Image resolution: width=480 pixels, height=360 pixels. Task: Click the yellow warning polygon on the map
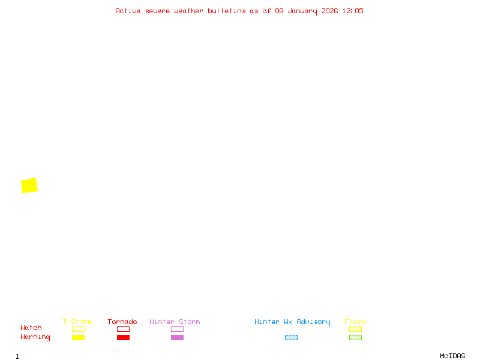coord(29,185)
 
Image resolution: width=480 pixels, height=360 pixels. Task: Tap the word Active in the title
coord(128,11)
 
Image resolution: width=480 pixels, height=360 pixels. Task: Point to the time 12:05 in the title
coord(353,11)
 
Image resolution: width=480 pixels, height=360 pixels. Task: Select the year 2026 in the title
coord(329,11)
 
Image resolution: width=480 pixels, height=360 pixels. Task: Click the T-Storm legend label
coord(77,322)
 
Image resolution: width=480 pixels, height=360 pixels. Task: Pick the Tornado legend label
coord(122,322)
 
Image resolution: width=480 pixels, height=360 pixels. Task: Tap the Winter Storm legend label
coord(175,322)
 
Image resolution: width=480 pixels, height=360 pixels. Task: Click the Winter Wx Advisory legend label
coord(292,322)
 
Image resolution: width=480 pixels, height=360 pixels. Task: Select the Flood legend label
coord(355,322)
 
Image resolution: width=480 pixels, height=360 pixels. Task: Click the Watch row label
coord(31,328)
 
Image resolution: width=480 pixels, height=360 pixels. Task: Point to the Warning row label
coord(35,337)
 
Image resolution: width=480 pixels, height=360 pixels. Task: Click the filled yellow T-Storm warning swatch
coord(78,338)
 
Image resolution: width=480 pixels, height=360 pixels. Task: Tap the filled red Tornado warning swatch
coord(123,338)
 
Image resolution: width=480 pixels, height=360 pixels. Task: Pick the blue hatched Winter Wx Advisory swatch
coord(291,338)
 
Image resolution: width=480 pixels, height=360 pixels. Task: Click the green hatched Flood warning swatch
coord(355,338)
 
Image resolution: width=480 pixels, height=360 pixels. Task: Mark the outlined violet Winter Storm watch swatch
coord(177,329)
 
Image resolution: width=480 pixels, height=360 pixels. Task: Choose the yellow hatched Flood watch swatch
coord(355,329)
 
